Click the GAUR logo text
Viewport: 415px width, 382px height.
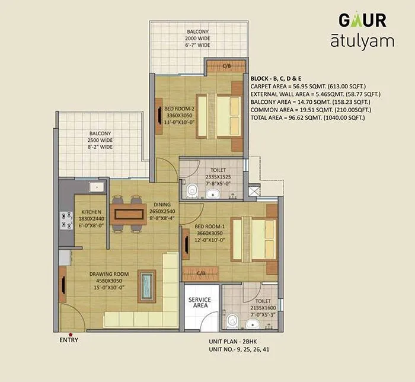362,20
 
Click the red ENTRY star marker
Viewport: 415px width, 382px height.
71,335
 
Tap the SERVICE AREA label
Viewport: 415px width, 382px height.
200,303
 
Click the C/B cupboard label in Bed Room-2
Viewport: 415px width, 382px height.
226,65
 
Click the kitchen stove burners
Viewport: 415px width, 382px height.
63,221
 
